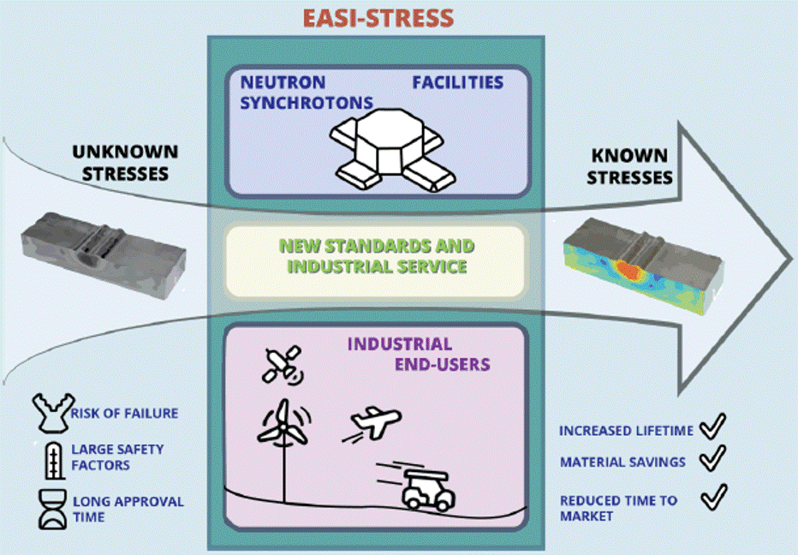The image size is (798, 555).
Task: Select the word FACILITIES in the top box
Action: pyautogui.click(x=457, y=82)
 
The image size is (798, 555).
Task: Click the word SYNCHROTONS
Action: pyautogui.click(x=307, y=103)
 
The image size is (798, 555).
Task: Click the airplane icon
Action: pyautogui.click(x=374, y=423)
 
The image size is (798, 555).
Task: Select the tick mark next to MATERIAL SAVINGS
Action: pyautogui.click(x=712, y=460)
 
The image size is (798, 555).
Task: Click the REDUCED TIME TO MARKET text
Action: pyautogui.click(x=618, y=508)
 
